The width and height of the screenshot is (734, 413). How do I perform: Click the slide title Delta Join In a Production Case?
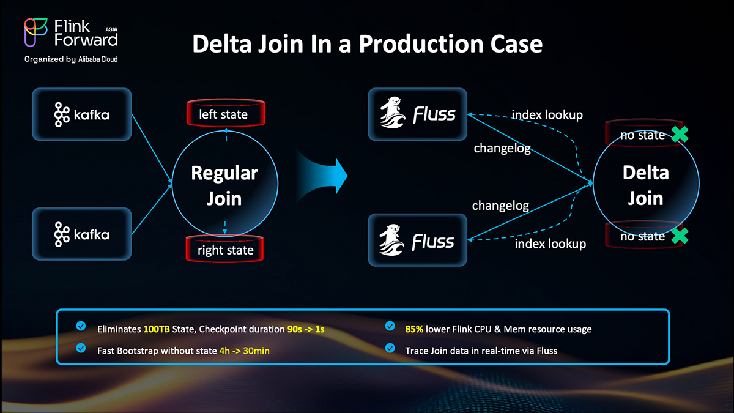367,44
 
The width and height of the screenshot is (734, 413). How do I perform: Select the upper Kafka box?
82,114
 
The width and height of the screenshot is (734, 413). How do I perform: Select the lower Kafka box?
82,234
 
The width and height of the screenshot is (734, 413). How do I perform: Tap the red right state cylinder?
225,250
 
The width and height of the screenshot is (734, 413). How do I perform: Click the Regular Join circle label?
224,185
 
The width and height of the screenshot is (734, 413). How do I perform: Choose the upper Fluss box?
417,114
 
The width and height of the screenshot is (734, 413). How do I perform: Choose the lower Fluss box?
417,240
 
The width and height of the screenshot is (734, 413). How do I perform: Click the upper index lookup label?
547,114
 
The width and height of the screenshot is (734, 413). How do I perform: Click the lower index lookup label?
550,244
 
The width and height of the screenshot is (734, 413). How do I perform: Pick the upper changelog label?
502,149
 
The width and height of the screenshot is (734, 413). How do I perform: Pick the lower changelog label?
500,206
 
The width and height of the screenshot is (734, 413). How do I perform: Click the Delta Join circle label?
646,185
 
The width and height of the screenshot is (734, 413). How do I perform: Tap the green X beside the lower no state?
677,236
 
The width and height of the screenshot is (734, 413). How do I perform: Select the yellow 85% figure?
416,329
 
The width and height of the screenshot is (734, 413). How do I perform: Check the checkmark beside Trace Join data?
390,349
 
